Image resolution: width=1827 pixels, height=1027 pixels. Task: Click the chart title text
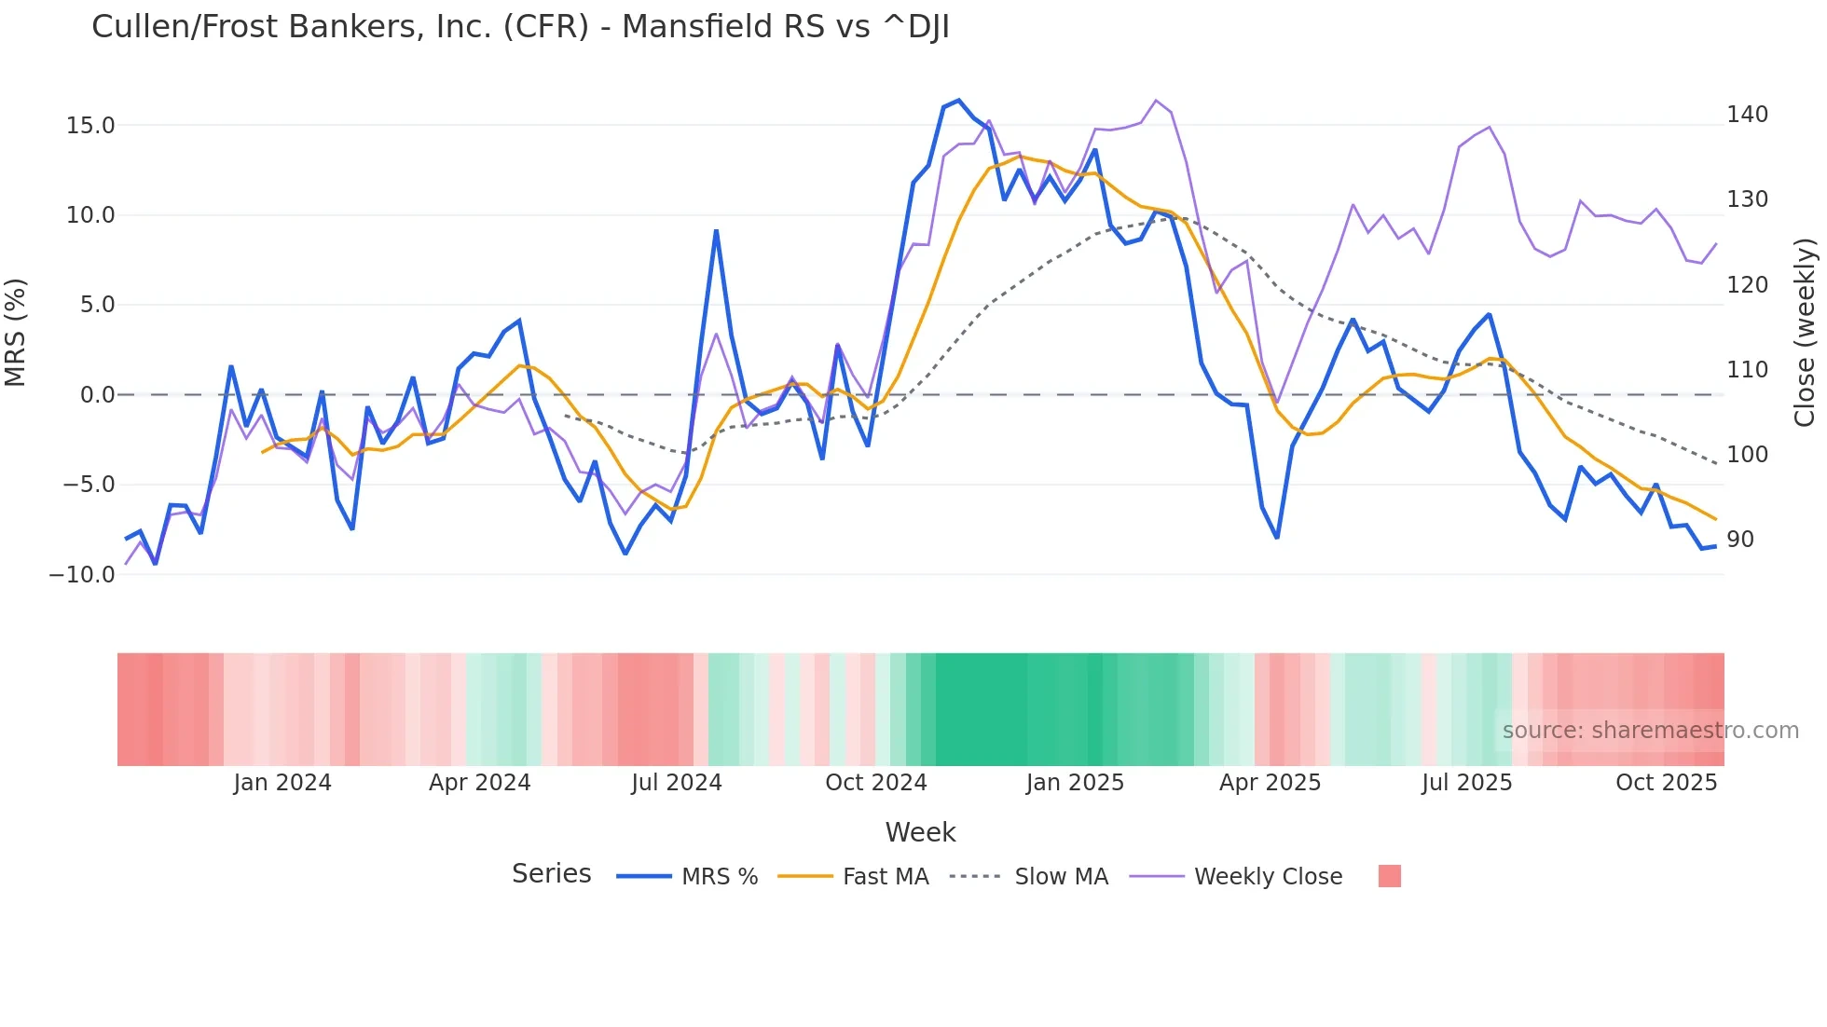click(x=520, y=27)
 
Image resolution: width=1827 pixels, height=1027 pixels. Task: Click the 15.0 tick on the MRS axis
click(x=90, y=126)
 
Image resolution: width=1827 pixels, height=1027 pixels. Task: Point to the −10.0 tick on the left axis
click(x=82, y=575)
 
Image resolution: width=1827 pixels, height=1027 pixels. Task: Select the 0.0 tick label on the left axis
click(x=97, y=395)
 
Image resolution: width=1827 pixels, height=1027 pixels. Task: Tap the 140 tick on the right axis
click(x=1747, y=115)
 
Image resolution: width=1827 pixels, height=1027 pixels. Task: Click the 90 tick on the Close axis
click(x=1739, y=540)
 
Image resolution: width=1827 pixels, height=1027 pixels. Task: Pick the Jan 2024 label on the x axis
click(x=282, y=783)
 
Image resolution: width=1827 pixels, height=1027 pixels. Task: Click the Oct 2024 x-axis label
click(x=876, y=783)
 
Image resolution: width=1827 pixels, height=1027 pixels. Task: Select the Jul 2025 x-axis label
click(x=1466, y=783)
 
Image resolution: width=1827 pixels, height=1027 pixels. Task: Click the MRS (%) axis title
click(x=16, y=333)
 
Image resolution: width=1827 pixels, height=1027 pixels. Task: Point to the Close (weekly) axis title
click(x=1805, y=333)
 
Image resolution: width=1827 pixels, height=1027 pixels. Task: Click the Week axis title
click(x=920, y=832)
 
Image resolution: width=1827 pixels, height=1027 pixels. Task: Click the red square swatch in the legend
click(x=1389, y=876)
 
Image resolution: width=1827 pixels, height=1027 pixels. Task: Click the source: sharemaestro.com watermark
click(x=1650, y=731)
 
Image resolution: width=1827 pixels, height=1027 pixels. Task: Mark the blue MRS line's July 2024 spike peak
click(x=716, y=230)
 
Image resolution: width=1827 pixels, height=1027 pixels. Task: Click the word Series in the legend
click(x=551, y=874)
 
